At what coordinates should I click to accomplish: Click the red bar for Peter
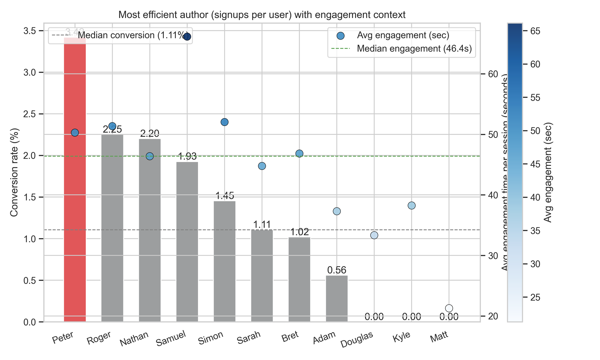(x=75, y=180)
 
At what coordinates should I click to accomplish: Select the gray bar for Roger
(x=112, y=228)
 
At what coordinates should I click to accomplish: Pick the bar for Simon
(x=224, y=261)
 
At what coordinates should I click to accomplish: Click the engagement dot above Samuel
(x=187, y=37)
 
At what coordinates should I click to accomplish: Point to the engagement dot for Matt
(x=449, y=308)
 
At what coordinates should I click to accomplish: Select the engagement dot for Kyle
(x=412, y=205)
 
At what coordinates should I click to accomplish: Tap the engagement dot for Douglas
(x=374, y=235)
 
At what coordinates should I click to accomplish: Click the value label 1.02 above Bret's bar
(x=299, y=232)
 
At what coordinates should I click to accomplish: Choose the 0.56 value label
(x=337, y=270)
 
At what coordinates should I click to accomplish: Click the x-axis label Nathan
(x=134, y=339)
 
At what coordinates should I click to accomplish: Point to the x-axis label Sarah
(x=249, y=338)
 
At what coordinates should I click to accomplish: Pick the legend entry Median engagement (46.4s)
(x=414, y=49)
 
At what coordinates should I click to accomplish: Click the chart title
(x=262, y=15)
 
